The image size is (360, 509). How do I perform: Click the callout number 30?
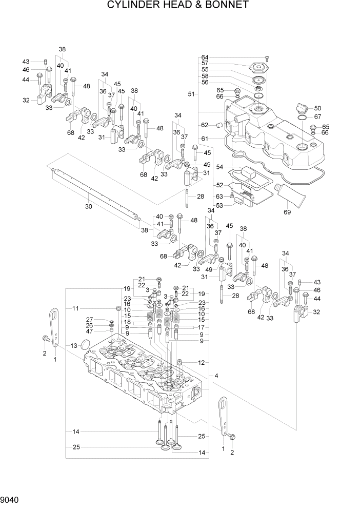pyautogui.click(x=88, y=207)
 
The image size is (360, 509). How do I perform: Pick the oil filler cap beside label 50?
pyautogui.click(x=302, y=109)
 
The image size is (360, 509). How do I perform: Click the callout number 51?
pyautogui.click(x=191, y=94)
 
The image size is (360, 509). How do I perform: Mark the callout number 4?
pyautogui.click(x=217, y=376)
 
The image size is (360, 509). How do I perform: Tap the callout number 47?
pyautogui.click(x=89, y=331)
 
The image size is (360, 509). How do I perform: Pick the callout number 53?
pyautogui.click(x=205, y=205)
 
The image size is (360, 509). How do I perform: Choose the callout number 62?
pyautogui.click(x=205, y=125)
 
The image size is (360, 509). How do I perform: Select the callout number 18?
pyautogui.click(x=126, y=322)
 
